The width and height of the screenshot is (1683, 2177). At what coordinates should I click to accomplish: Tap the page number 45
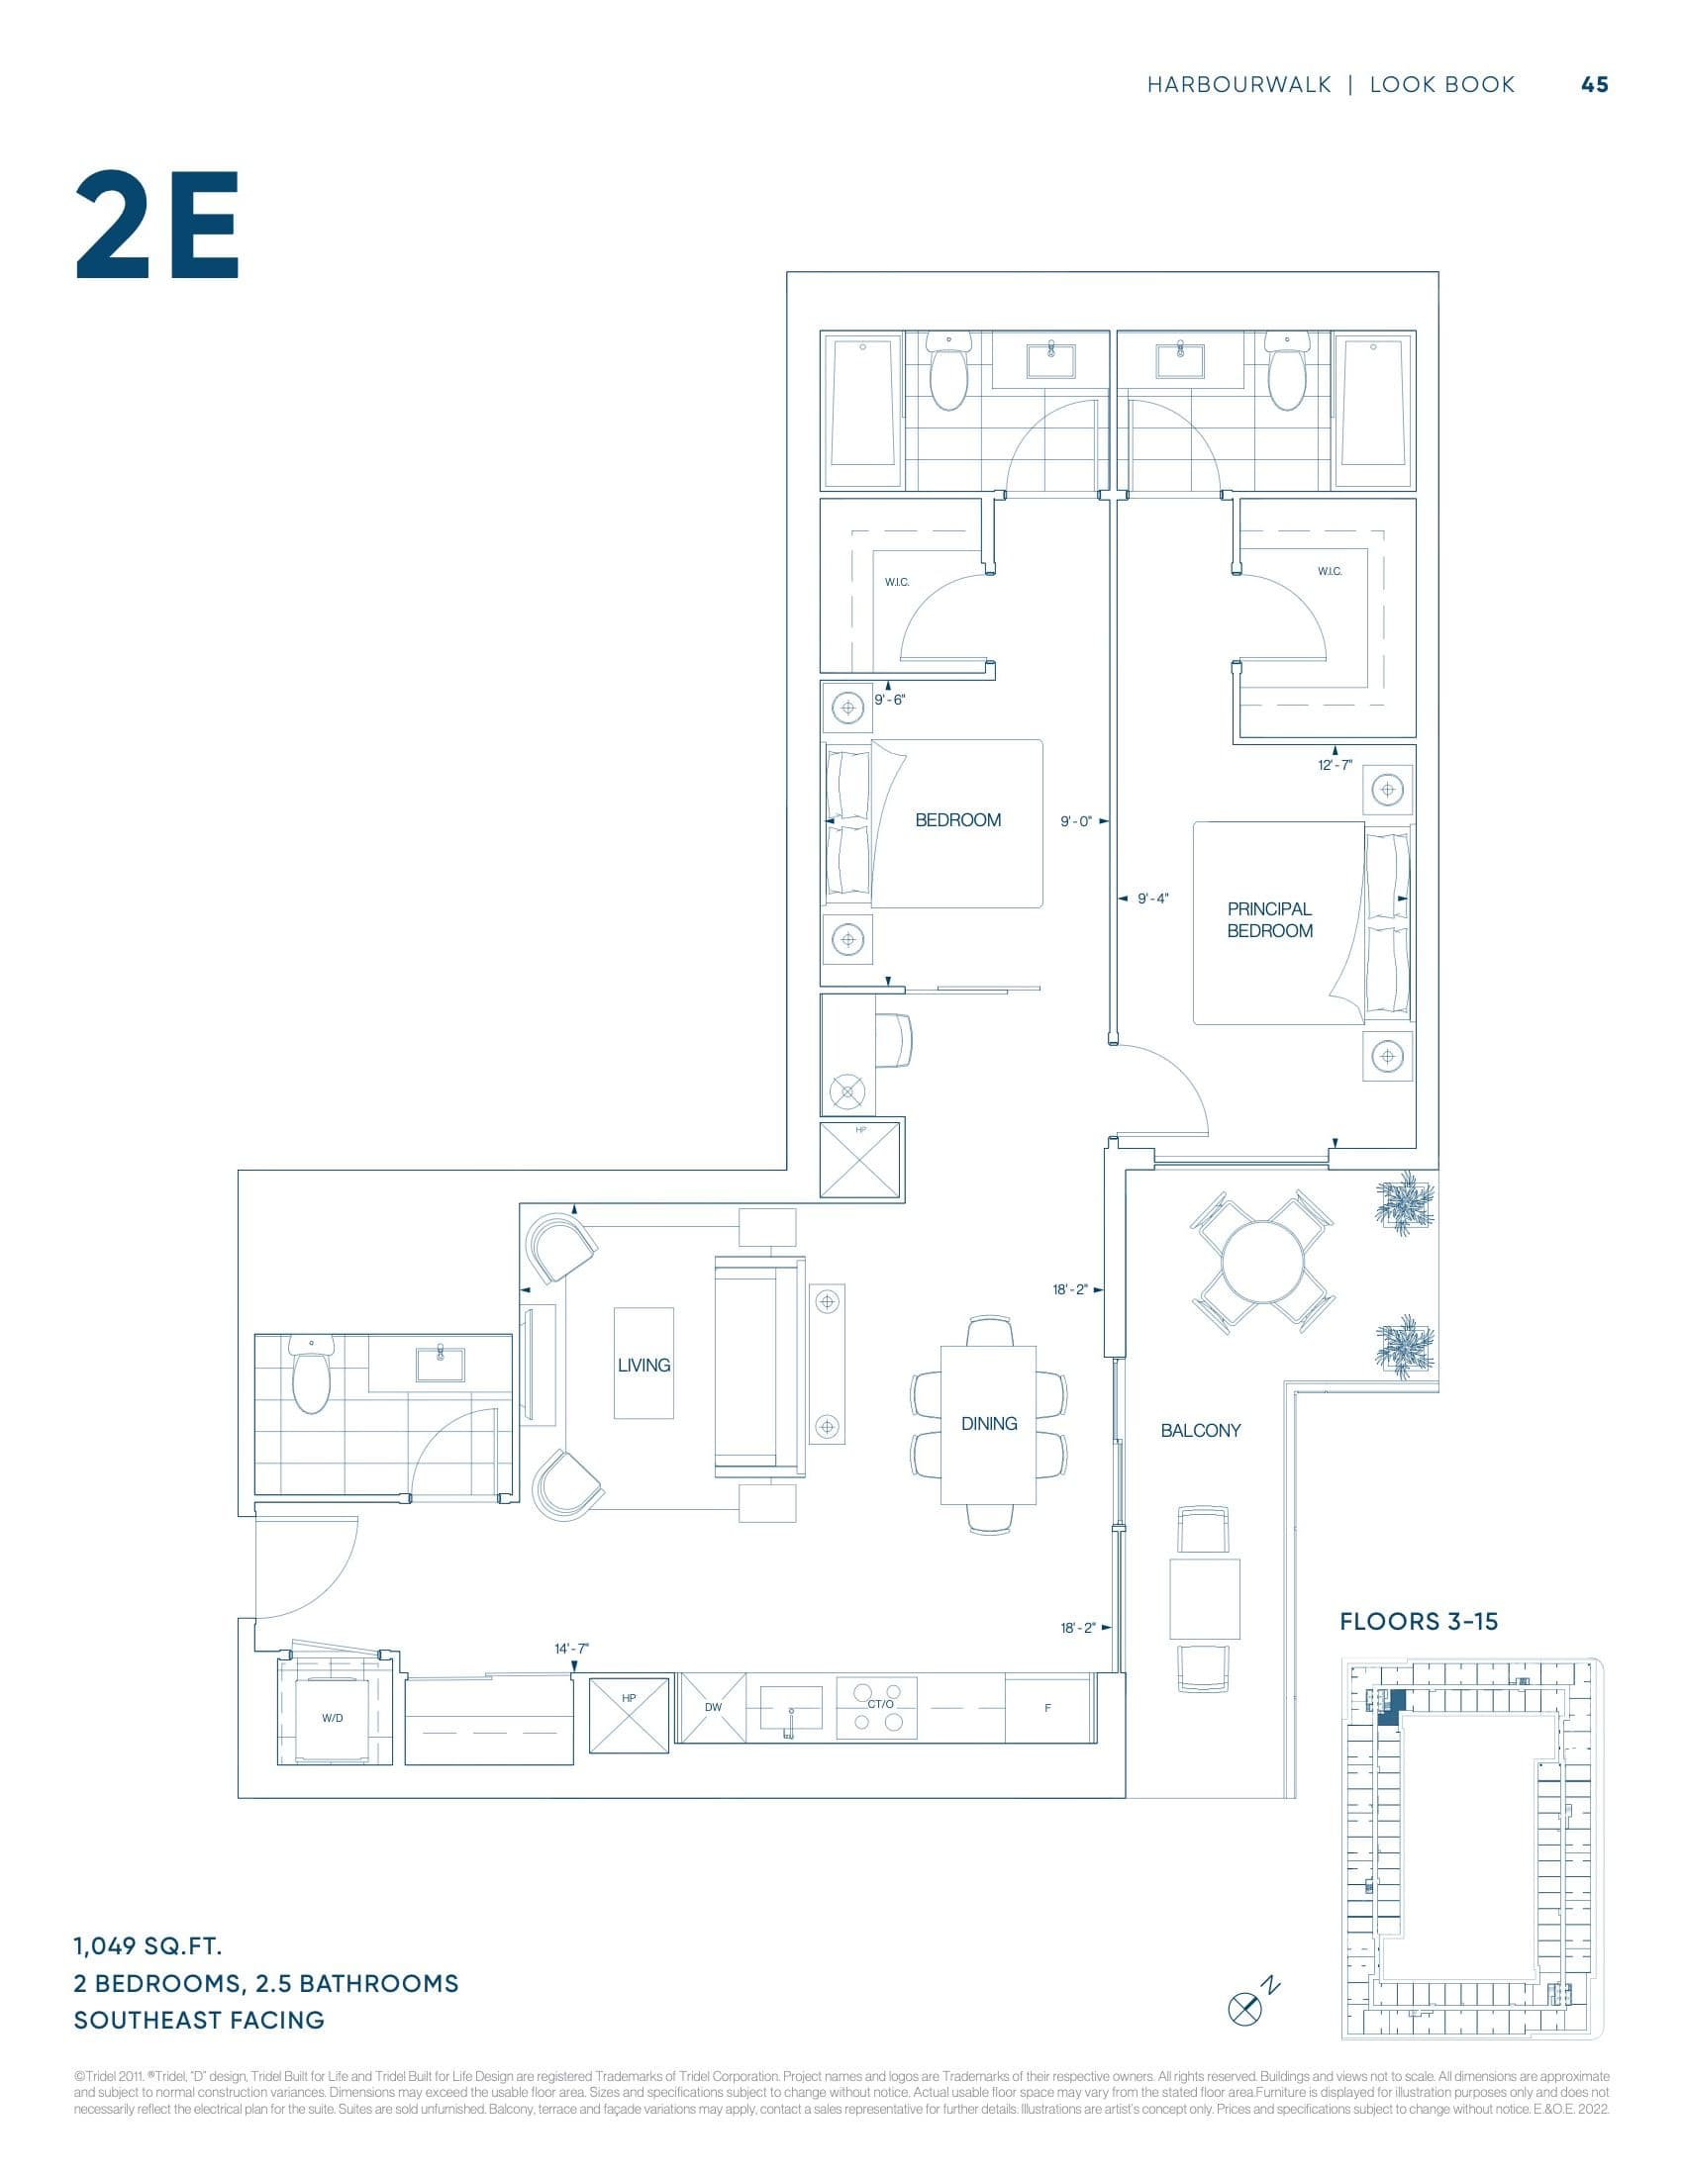(1594, 85)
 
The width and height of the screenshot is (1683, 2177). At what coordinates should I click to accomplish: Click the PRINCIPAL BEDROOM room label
(1268, 919)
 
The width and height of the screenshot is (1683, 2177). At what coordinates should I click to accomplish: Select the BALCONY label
(1200, 1431)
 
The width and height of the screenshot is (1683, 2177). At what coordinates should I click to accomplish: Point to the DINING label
(988, 1423)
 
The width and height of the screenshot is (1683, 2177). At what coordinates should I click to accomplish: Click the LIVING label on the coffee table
(643, 1365)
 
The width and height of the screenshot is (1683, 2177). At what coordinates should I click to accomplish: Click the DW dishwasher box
(712, 1708)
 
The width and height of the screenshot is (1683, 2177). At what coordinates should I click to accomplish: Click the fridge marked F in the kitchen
(1046, 1708)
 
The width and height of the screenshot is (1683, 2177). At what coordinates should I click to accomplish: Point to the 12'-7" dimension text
(1335, 765)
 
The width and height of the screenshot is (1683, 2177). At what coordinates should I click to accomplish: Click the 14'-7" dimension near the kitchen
(571, 1649)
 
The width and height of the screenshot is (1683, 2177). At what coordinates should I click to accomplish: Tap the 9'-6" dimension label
(889, 700)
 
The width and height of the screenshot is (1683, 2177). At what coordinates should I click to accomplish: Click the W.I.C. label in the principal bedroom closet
(1329, 571)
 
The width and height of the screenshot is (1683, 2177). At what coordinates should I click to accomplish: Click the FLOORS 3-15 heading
(1418, 1621)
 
